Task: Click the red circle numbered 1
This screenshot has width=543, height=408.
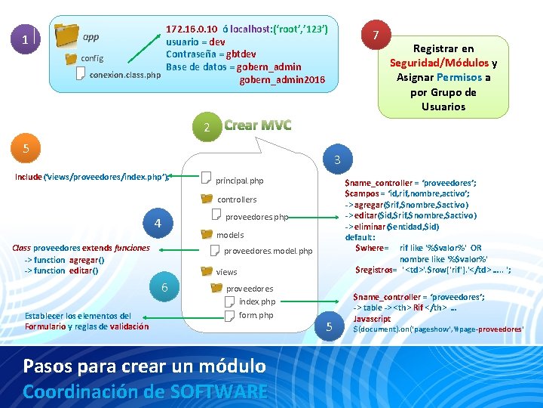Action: (25, 40)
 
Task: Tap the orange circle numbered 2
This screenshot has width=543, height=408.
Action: (207, 128)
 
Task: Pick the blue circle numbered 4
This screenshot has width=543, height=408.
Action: (158, 224)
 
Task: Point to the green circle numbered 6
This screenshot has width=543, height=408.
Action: (164, 287)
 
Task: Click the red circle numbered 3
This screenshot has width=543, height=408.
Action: (337, 160)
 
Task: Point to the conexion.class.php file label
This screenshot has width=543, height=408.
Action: (124, 75)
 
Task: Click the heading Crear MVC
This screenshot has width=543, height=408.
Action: (257, 125)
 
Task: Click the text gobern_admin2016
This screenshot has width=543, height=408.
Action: (283, 79)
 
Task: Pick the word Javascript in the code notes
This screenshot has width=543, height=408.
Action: (372, 319)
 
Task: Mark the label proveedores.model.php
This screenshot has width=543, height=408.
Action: (268, 250)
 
